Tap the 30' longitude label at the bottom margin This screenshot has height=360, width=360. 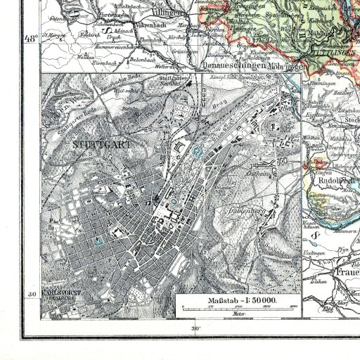(195, 328)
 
